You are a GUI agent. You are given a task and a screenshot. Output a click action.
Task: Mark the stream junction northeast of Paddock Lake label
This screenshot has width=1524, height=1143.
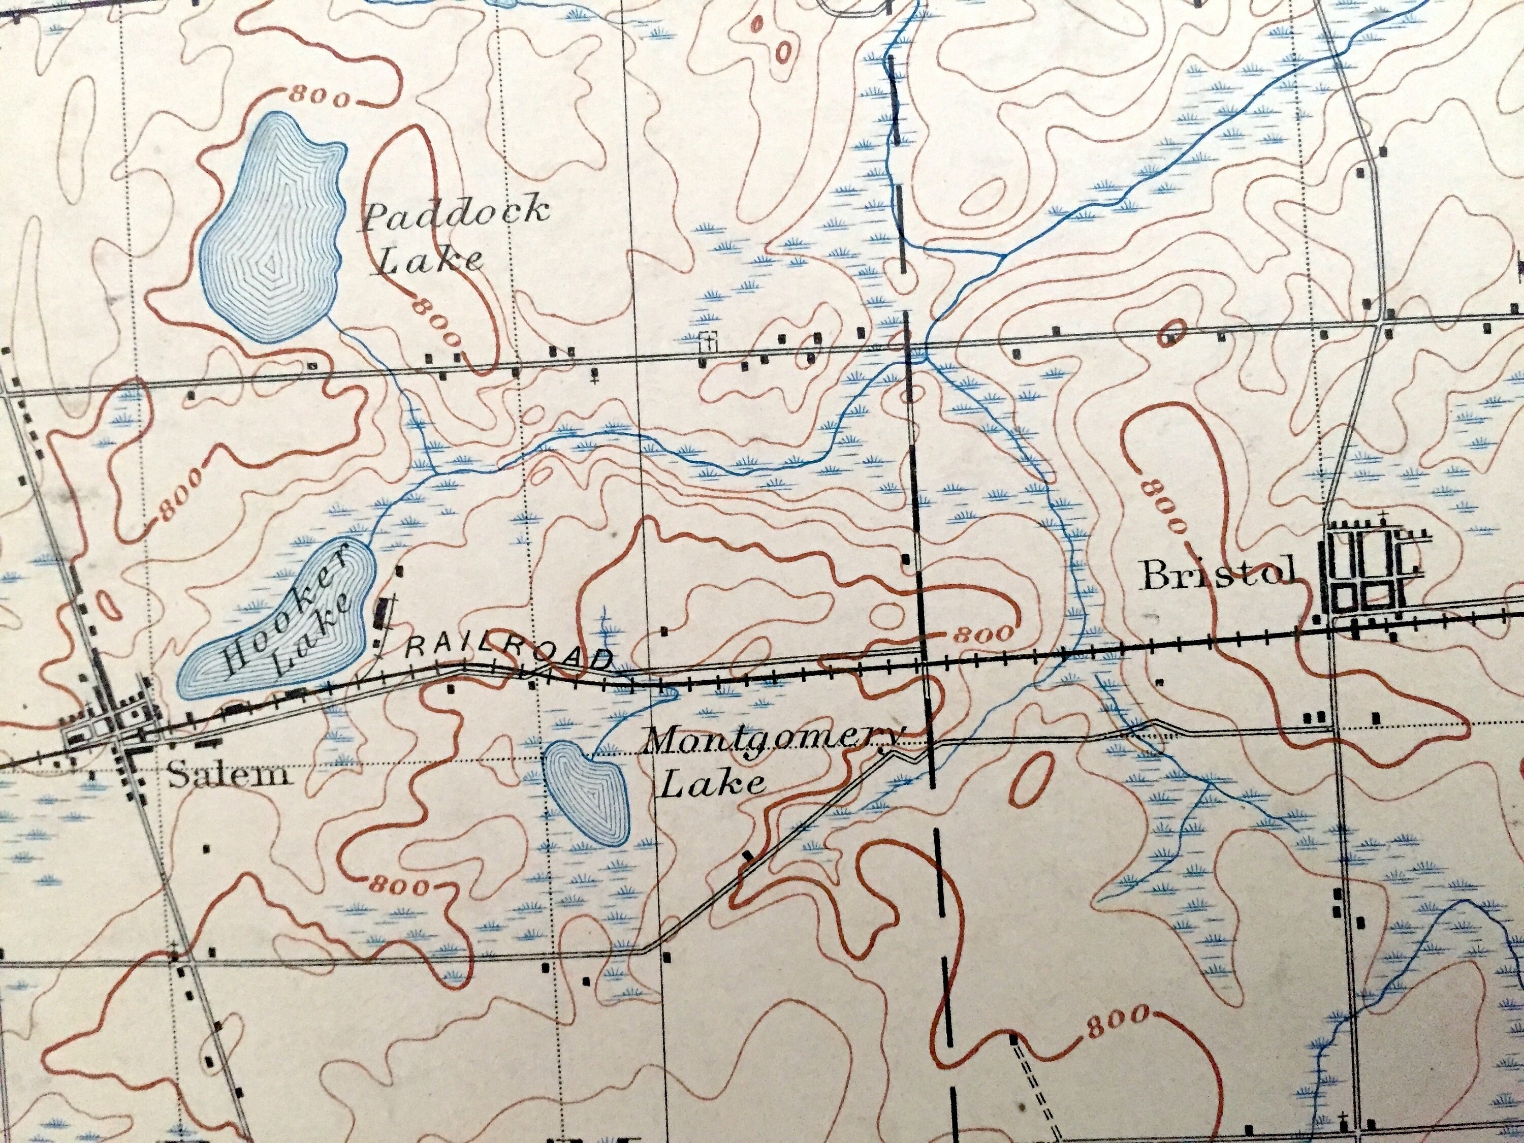point(1002,254)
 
